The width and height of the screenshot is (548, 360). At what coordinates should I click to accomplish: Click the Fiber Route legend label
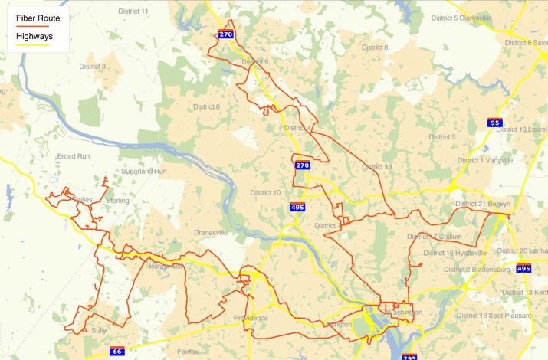tap(33, 17)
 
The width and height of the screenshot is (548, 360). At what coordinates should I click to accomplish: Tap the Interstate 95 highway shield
tap(494, 123)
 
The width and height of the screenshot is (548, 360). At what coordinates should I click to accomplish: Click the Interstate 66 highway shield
tap(116, 352)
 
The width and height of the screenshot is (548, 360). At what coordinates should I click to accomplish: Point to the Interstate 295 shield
tap(409, 356)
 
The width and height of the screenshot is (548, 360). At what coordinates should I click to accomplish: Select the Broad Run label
tap(74, 156)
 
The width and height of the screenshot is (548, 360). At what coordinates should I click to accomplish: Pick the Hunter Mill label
tap(166, 267)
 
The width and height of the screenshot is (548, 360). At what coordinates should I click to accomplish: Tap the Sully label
tap(99, 330)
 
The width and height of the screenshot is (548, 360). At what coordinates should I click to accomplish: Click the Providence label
tap(251, 318)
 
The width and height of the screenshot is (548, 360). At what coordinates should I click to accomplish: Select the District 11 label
tap(134, 11)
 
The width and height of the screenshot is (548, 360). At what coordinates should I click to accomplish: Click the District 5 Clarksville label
tap(467, 18)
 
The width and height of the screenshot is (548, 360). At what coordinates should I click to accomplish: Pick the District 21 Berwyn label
tap(482, 204)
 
